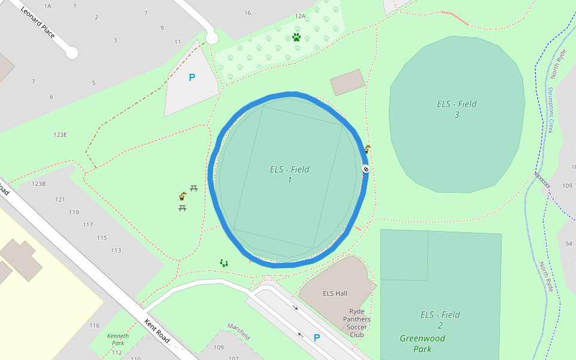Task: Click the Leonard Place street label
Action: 38,23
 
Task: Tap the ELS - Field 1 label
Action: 289,175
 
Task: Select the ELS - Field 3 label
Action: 457,109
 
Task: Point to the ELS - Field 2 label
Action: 440,320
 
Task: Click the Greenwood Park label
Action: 422,343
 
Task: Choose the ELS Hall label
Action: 335,293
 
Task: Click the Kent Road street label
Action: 157,331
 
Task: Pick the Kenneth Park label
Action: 118,340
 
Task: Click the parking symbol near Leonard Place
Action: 192,77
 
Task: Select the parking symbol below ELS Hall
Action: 317,338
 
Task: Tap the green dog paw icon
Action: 296,37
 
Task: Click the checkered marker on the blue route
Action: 365,169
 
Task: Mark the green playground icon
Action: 224,263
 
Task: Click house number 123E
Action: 59,135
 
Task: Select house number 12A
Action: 300,16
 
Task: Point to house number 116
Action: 94,325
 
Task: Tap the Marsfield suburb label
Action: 238,331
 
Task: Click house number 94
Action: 568,243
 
